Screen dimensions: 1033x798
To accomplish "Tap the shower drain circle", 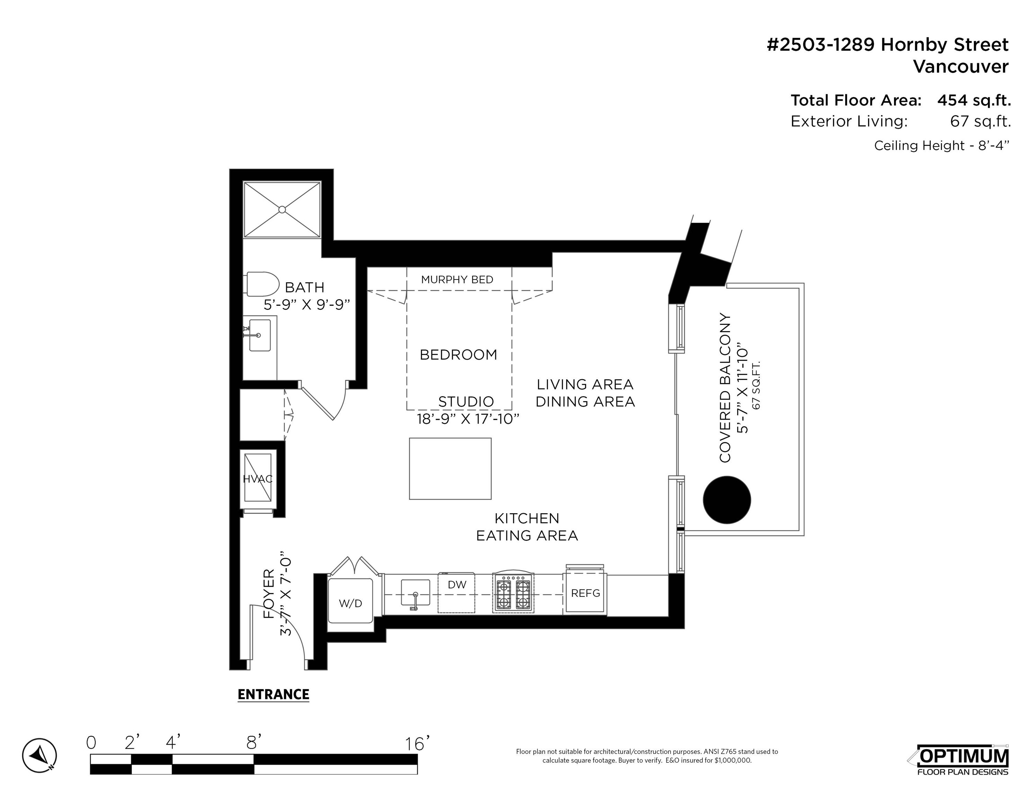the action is [282, 210].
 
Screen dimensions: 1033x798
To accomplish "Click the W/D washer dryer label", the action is [350, 603].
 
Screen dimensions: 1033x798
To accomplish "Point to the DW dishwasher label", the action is [457, 585].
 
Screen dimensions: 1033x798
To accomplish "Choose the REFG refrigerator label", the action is [586, 593].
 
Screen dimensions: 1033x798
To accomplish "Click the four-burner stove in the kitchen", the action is [513, 594].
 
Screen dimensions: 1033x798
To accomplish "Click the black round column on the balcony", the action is [727, 500].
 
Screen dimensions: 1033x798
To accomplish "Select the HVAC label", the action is [258, 479].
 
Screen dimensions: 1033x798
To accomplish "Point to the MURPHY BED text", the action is [457, 280].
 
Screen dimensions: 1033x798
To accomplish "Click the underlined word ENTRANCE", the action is [273, 694].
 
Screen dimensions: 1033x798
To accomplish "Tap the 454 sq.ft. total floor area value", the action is [974, 100].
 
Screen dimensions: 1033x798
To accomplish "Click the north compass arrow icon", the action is [40, 755].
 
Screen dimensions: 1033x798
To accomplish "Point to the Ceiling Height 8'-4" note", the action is [942, 145].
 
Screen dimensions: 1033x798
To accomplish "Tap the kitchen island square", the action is [450, 469].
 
